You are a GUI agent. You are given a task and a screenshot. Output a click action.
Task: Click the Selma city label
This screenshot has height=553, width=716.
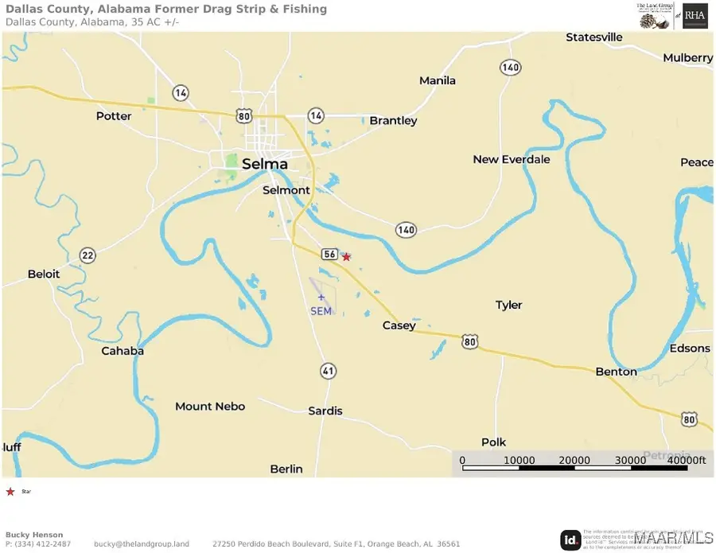[264, 164]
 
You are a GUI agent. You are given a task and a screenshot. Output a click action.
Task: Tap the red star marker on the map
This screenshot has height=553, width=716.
[346, 257]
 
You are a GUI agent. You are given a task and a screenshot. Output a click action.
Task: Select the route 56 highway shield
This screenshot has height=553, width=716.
[329, 254]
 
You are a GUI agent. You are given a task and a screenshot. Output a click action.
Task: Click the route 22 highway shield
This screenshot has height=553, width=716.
[88, 255]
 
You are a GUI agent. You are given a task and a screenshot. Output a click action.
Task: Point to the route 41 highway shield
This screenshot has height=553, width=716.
[328, 371]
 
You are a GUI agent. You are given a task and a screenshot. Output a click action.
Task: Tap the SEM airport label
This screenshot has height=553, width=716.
[321, 311]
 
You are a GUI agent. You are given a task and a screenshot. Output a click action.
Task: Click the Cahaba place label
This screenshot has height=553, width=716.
[123, 351]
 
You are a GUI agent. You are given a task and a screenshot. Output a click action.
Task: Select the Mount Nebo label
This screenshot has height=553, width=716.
[210, 407]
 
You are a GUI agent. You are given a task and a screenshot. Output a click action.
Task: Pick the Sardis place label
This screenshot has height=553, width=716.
[325, 411]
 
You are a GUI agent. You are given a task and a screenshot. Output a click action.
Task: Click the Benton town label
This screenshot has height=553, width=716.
[617, 372]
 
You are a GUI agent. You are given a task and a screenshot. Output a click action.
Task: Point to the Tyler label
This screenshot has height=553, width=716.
[509, 306]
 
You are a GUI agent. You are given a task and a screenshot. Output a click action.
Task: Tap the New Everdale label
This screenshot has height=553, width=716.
[512, 160]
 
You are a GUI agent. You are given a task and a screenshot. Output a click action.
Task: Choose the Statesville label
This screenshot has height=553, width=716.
[593, 37]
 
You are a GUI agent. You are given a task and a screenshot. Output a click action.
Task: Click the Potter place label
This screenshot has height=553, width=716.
[114, 116]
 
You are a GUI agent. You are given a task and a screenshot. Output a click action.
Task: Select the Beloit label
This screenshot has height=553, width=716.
[44, 275]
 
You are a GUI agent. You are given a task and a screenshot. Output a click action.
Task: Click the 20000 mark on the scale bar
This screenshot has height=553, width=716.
[574, 461]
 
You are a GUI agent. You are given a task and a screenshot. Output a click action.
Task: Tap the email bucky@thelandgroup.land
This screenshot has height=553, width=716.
[142, 544]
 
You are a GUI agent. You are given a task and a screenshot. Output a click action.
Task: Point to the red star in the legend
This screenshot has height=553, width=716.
[10, 492]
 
